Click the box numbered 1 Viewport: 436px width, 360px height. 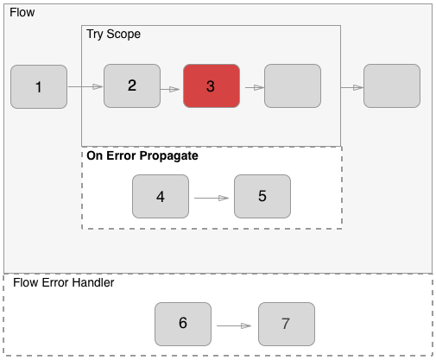[39, 86]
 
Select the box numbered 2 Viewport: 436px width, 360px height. [132, 85]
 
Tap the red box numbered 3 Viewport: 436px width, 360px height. [211, 86]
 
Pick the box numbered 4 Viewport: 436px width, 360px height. [161, 196]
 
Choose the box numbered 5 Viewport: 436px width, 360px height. [262, 196]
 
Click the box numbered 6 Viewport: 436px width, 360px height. [183, 324]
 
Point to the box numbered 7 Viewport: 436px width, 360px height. [286, 324]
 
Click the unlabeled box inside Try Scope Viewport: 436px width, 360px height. [293, 86]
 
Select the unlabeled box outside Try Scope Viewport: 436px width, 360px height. [392, 86]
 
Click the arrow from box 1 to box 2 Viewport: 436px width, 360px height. [85, 86]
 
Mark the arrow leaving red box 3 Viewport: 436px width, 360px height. [254, 87]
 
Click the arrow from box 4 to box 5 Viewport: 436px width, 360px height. [212, 198]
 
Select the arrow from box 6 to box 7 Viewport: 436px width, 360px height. [234, 325]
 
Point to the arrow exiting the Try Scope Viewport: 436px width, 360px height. [351, 87]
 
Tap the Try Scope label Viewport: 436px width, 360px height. [113, 34]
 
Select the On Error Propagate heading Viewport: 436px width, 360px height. [142, 156]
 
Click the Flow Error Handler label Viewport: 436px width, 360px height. [64, 282]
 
